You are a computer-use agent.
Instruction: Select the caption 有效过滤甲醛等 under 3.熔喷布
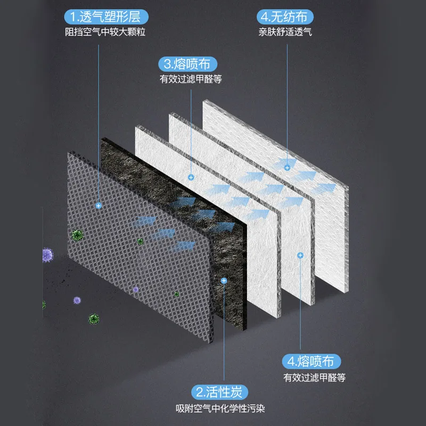coord(190,80)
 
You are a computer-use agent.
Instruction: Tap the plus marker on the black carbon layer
coord(224,280)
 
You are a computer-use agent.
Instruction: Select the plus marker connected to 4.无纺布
coord(287,167)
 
